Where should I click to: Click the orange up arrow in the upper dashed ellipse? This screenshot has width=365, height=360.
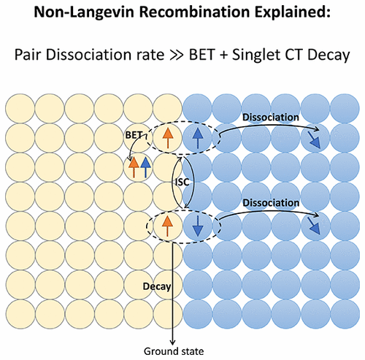point(167,134)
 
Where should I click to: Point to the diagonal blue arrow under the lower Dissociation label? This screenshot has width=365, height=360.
point(312,227)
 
